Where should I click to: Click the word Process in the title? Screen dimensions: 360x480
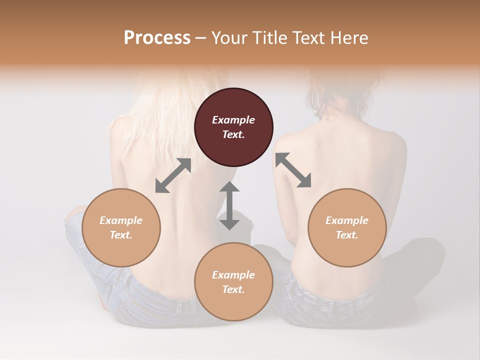tap(157, 37)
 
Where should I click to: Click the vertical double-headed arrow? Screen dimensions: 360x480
tap(229, 205)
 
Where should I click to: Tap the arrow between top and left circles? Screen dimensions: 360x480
tap(173, 175)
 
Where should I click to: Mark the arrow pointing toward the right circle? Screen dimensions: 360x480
tap(293, 170)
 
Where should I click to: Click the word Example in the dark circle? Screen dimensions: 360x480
tap(233, 120)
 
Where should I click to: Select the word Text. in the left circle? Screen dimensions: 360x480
tap(121, 235)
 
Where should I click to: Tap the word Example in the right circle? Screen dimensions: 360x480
tap(347, 220)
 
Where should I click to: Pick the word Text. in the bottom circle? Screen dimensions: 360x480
tap(233, 289)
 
